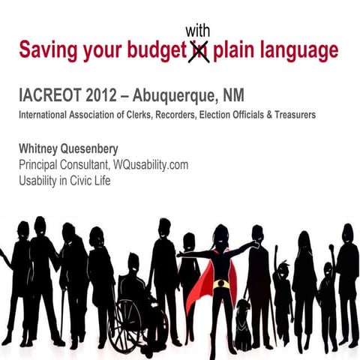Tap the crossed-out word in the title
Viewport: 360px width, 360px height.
tap(199, 51)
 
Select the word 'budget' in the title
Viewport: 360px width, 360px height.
tap(156, 52)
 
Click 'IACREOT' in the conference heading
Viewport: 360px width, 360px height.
tap(53, 97)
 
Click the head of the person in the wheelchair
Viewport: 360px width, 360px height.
tap(133, 262)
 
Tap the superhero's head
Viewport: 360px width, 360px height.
tap(220, 235)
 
